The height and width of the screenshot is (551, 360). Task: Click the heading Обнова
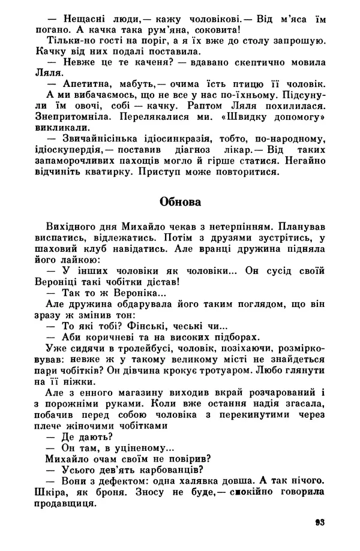[179, 202]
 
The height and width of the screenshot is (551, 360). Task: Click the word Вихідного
[71, 228]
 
